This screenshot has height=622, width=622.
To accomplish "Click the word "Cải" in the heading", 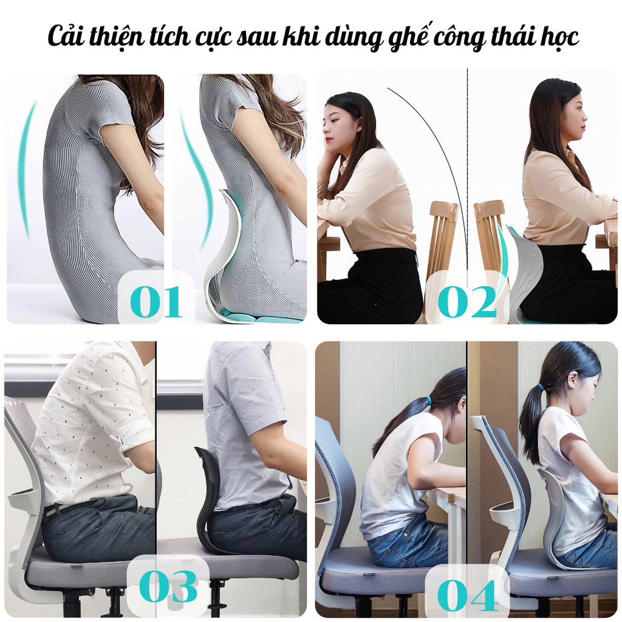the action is tap(66, 36).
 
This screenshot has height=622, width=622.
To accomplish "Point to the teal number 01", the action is tap(156, 302).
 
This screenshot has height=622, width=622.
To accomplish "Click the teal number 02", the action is tap(467, 302).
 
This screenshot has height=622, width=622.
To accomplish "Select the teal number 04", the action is tap(468, 595).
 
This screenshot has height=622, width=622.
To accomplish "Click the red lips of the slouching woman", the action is tap(329, 140).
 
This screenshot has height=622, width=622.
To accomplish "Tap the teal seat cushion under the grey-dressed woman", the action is tap(254, 316).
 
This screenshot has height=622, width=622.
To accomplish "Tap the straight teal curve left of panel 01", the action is tap(24, 169).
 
